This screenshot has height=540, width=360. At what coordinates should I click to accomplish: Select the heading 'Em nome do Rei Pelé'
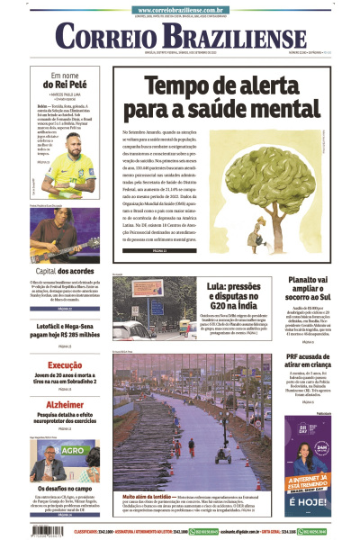[x=67, y=80]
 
